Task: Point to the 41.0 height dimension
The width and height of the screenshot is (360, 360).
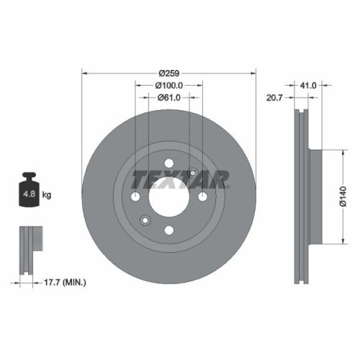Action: point(308,84)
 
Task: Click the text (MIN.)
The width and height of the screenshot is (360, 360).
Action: point(75,283)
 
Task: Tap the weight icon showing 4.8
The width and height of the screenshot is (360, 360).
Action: point(30,190)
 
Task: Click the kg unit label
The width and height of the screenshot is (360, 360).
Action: point(46,195)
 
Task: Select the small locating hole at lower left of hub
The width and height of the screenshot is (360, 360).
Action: point(145,220)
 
